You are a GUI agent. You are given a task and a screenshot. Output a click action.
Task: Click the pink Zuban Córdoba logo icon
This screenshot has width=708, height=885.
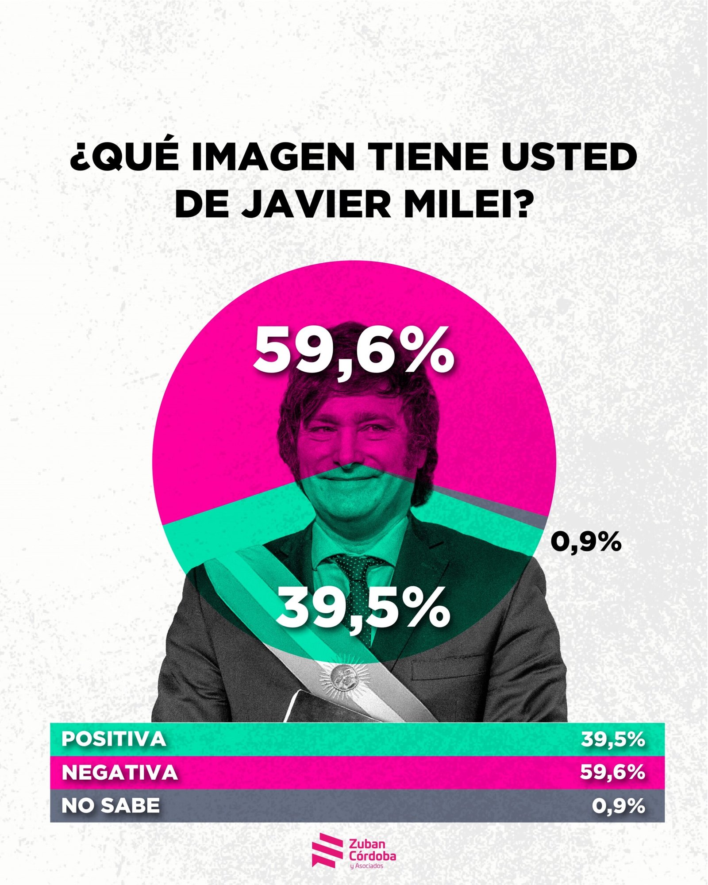(327, 849)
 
